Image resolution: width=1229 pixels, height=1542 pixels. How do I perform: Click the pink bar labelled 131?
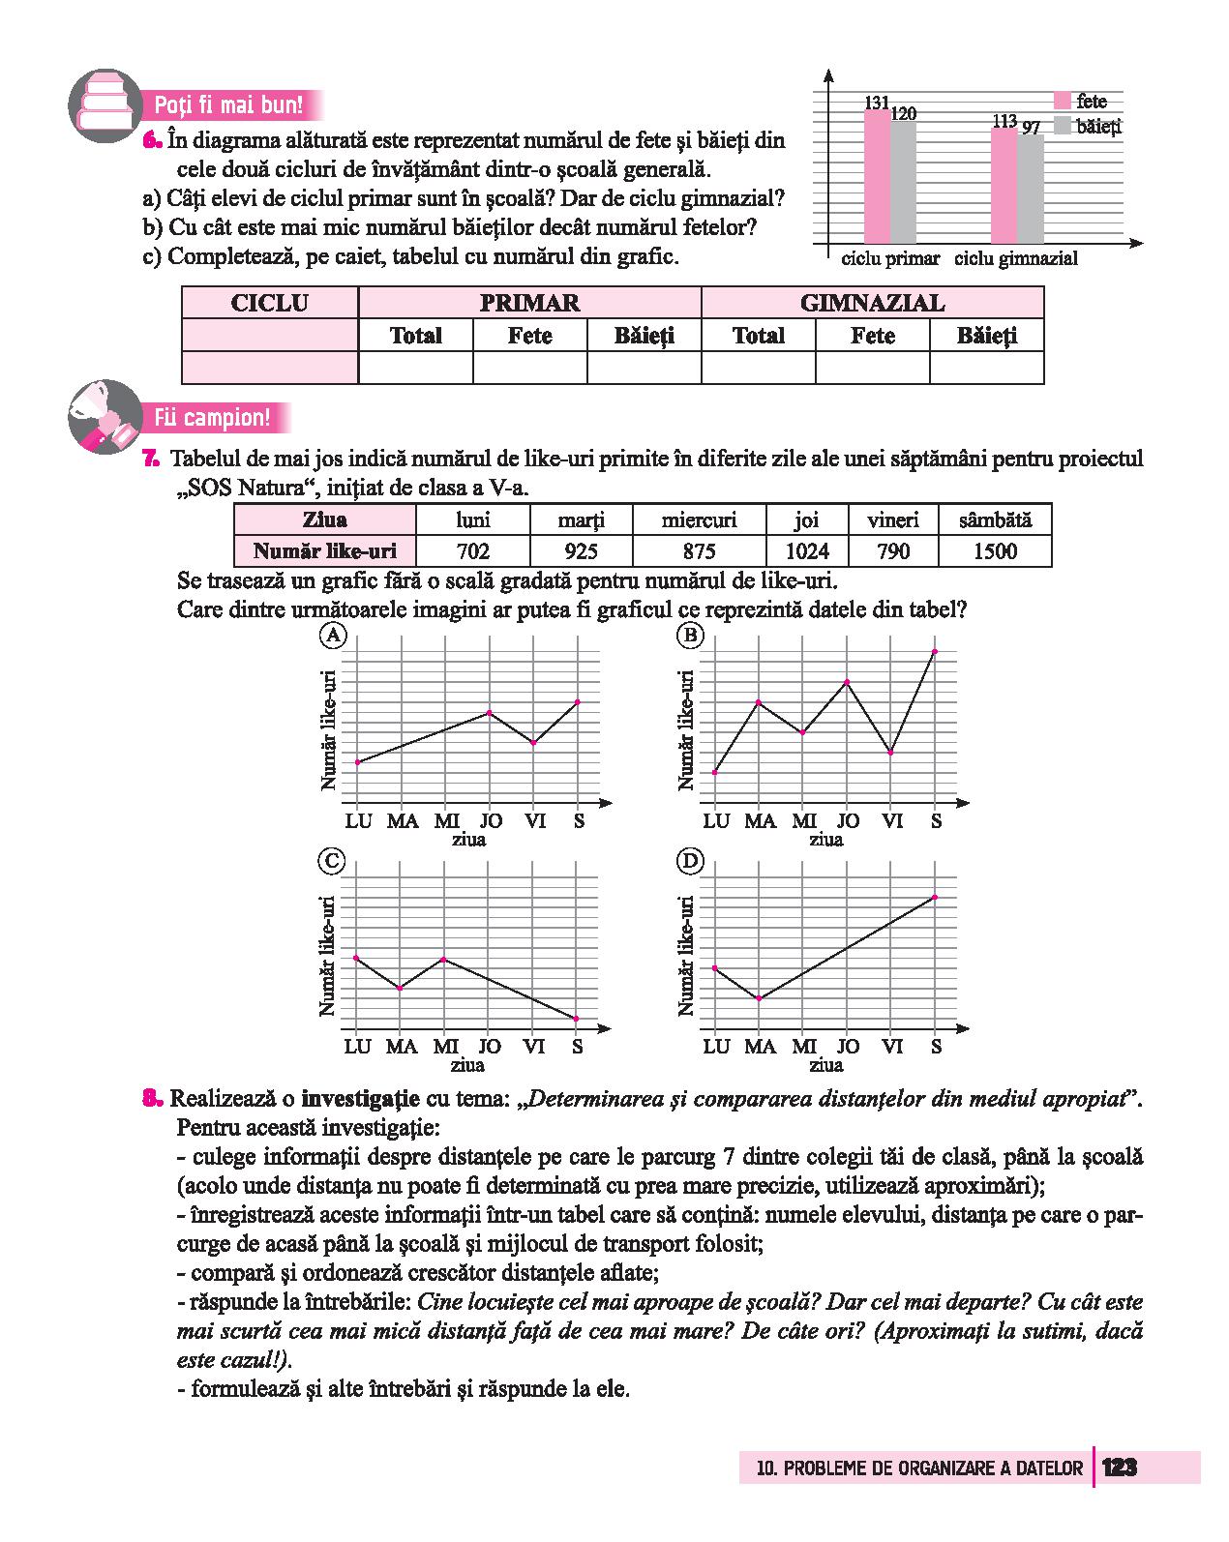(877, 176)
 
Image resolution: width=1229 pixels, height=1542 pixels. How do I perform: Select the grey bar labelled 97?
(1031, 188)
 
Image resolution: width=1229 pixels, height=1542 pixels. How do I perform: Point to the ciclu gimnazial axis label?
(1015, 259)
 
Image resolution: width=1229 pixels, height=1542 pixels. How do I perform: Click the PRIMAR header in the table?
(529, 303)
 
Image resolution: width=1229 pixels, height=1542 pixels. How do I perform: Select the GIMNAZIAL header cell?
(872, 303)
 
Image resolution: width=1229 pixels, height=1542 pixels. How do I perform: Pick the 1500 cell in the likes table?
(995, 551)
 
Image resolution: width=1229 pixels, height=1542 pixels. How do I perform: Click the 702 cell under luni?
(472, 551)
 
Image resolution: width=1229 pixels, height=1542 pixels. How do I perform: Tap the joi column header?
(806, 520)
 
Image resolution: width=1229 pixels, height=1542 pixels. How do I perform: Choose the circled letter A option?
(332, 636)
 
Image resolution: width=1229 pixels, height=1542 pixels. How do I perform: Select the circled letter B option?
(690, 636)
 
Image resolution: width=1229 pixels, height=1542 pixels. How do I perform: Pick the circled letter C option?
(332, 861)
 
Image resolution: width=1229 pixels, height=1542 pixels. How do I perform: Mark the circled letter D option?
(690, 861)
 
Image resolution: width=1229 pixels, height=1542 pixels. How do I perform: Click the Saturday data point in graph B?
(935, 651)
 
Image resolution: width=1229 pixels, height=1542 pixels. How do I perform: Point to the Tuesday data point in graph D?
(759, 998)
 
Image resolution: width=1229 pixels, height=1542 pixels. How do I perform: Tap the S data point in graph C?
(577, 1019)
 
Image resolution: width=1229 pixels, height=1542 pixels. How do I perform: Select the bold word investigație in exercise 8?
(360, 1099)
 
